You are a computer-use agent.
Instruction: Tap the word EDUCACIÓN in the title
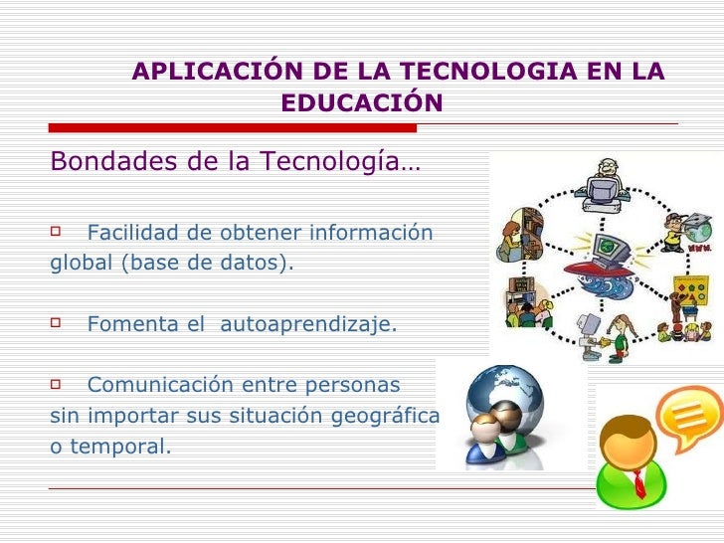coord(361,103)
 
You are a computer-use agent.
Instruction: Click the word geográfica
coord(389,416)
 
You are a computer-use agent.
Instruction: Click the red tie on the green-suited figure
coord(639,483)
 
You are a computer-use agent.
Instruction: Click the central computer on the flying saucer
coord(604,248)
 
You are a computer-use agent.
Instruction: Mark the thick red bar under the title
coord(232,127)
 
